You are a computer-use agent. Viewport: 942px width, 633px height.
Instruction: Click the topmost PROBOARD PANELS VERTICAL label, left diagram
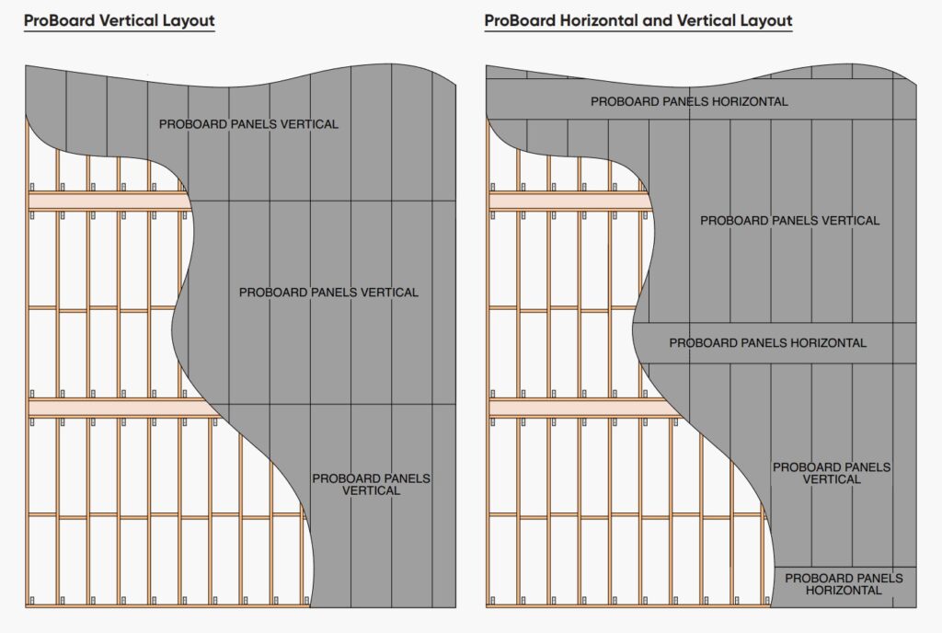click(248, 124)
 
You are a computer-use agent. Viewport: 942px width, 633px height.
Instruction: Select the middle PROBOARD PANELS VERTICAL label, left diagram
click(328, 293)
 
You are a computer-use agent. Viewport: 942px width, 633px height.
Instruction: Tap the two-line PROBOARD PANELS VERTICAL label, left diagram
click(371, 485)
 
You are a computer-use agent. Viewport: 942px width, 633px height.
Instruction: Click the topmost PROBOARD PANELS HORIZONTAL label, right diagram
click(689, 101)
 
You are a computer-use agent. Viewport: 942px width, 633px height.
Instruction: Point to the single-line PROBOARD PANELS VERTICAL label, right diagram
click(789, 221)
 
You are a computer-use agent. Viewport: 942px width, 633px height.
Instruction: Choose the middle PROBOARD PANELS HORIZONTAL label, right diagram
click(767, 343)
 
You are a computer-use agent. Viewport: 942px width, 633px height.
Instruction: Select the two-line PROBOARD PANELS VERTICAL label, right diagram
click(832, 473)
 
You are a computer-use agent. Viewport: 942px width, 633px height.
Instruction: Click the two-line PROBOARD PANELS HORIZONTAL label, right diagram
click(844, 584)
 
